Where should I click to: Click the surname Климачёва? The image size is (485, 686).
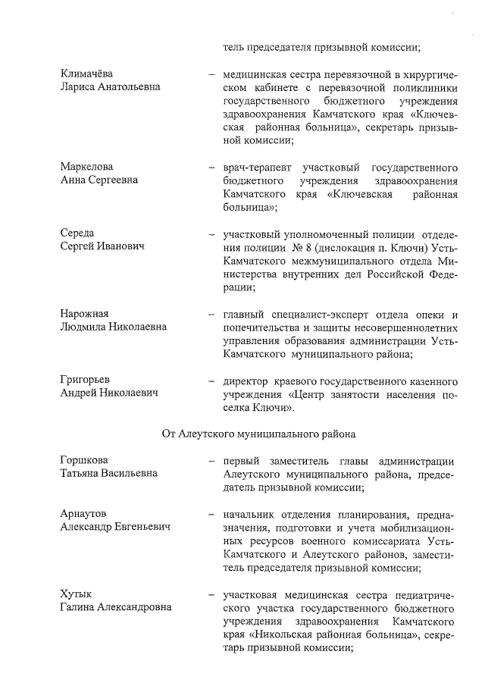[86, 74]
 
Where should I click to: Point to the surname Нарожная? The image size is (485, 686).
[85, 314]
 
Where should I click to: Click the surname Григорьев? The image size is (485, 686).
[86, 380]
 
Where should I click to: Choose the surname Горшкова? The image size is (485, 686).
[84, 460]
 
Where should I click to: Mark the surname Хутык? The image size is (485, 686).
[75, 594]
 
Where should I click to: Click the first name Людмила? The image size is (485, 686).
[85, 327]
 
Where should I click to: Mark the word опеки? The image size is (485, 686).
[433, 314]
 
